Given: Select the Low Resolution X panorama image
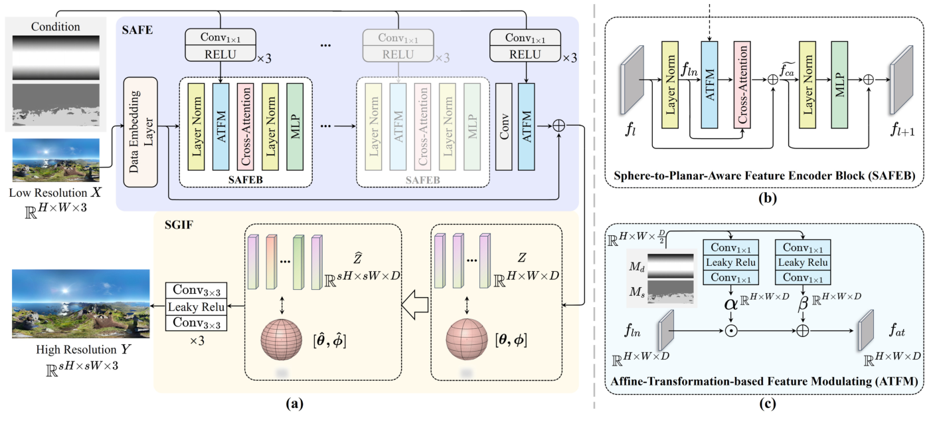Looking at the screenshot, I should click(x=55, y=160).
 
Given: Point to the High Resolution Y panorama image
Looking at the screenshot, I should click(x=80, y=304).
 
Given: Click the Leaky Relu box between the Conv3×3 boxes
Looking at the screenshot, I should click(x=196, y=307).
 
